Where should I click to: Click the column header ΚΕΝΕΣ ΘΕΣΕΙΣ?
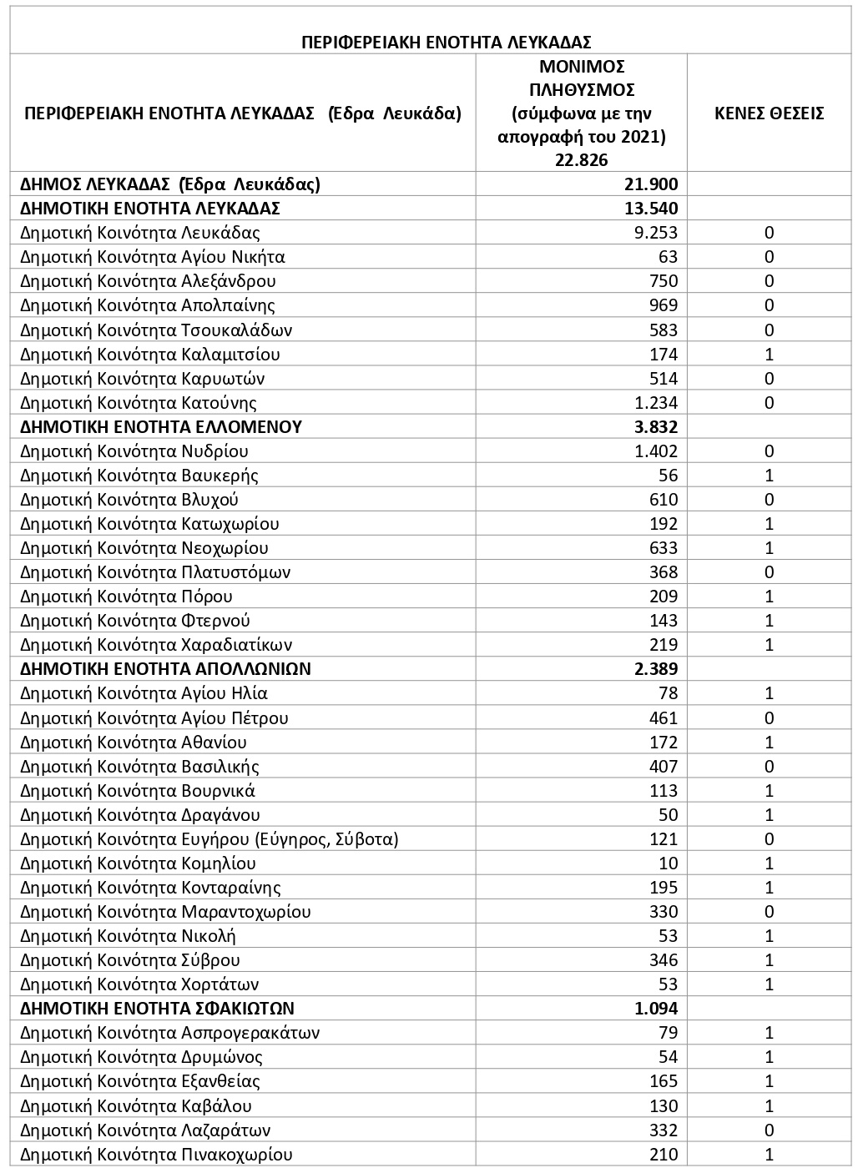click(x=769, y=113)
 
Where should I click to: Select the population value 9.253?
click(x=656, y=233)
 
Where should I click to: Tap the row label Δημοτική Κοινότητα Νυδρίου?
click(x=134, y=451)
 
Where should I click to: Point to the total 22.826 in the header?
click(x=581, y=160)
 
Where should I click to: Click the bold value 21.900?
click(x=651, y=184)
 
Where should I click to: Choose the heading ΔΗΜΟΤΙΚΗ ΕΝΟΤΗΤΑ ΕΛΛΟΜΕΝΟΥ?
click(x=161, y=427)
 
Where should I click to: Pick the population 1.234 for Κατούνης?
click(x=656, y=403)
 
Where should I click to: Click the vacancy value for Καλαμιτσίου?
click(x=770, y=355)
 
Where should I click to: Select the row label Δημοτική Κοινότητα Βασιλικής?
click(x=139, y=767)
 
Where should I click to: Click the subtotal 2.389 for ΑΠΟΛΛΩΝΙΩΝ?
click(x=656, y=669)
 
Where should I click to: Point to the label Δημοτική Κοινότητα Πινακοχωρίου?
click(x=156, y=1155)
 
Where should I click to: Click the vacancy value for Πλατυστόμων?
click(x=770, y=572)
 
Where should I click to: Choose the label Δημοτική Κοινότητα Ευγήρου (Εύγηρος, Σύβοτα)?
click(x=209, y=839)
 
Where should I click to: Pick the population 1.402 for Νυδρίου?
click(x=656, y=451)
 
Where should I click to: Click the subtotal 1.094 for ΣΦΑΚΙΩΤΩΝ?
click(x=656, y=1009)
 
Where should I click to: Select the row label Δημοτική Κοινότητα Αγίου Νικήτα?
click(x=153, y=257)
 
